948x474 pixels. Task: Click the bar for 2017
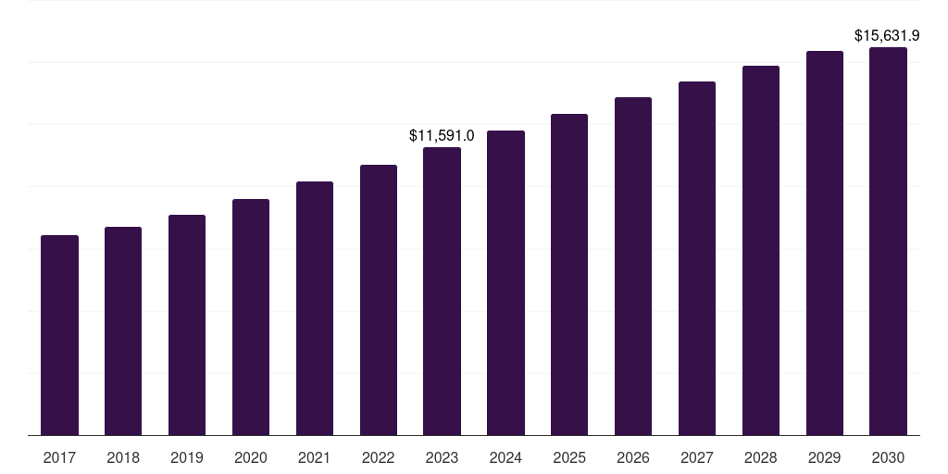click(59, 335)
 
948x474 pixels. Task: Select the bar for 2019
click(187, 325)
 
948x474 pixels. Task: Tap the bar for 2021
click(315, 308)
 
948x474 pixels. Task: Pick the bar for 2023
click(442, 291)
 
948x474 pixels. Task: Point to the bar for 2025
click(569, 274)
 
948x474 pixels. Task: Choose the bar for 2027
click(697, 258)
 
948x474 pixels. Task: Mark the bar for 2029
click(825, 243)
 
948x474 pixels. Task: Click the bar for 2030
click(888, 241)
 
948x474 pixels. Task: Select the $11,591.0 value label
click(442, 135)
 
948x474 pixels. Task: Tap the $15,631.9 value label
click(886, 36)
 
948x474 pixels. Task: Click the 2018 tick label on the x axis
click(123, 457)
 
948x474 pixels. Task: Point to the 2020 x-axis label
click(251, 457)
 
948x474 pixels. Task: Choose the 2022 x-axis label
click(379, 457)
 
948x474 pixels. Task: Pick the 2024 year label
click(505, 457)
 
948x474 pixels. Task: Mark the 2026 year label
click(633, 457)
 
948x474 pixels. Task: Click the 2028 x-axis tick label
click(761, 457)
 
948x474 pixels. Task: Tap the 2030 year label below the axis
click(888, 457)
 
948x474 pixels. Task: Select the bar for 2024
click(505, 282)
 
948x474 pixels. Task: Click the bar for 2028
click(761, 250)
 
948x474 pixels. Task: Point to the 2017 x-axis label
click(59, 457)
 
